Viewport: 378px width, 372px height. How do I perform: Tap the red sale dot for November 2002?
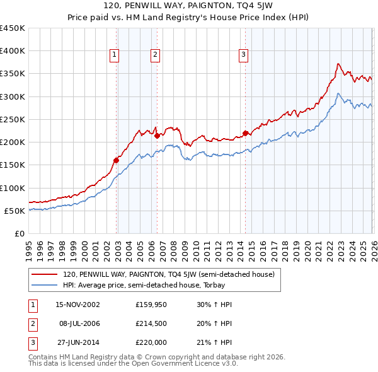117,160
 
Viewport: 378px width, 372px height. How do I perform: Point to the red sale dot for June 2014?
245,133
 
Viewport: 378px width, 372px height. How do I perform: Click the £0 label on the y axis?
20,233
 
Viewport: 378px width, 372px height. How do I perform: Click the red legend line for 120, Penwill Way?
45,274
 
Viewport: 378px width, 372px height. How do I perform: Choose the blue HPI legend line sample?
45,285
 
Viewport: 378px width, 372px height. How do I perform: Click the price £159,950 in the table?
151,305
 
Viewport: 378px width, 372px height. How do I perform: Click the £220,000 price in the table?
151,342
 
